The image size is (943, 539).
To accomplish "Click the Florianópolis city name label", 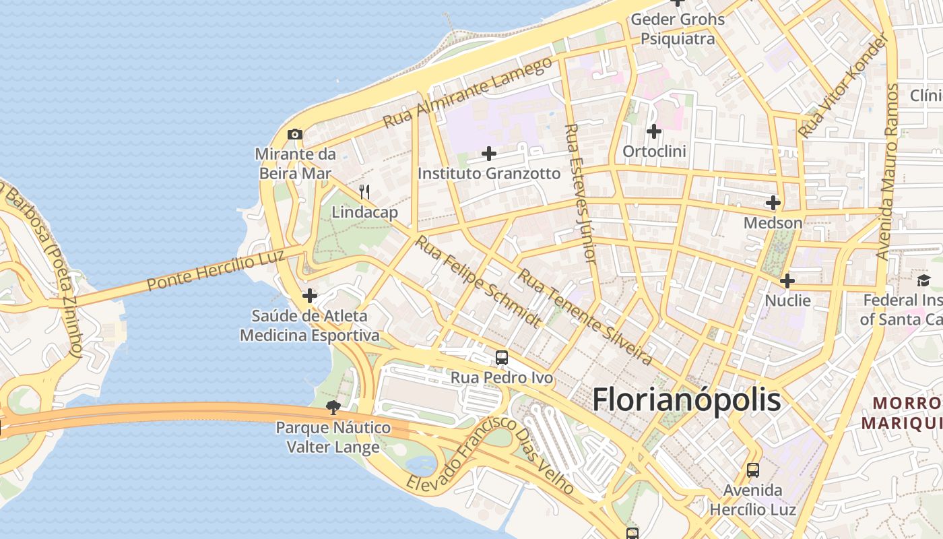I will pyautogui.click(x=686, y=400).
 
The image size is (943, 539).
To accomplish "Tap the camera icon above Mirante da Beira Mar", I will pyautogui.click(x=294, y=135).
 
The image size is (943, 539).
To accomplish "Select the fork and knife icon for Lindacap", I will pyautogui.click(x=364, y=192).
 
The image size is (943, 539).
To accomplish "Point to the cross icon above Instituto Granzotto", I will pyautogui.click(x=489, y=154).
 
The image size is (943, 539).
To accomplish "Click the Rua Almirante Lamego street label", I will pyautogui.click(x=467, y=93).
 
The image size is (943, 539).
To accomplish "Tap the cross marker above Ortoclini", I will pyautogui.click(x=653, y=131).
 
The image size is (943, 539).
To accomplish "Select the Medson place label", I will pyautogui.click(x=773, y=222).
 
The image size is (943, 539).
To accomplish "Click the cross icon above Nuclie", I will pyautogui.click(x=787, y=281).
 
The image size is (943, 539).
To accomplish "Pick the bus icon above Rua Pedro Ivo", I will pyautogui.click(x=501, y=358).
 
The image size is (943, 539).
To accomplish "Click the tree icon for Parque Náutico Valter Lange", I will pyautogui.click(x=333, y=407).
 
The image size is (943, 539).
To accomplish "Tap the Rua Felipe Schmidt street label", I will pyautogui.click(x=477, y=281).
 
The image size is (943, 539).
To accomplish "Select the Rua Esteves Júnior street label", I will pyautogui.click(x=581, y=193).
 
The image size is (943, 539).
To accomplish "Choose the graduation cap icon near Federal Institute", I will pyautogui.click(x=922, y=280).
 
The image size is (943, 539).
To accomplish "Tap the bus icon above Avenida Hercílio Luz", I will pyautogui.click(x=752, y=470).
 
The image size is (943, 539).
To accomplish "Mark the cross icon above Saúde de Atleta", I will pyautogui.click(x=309, y=296).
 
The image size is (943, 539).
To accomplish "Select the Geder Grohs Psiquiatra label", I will pyautogui.click(x=678, y=28).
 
